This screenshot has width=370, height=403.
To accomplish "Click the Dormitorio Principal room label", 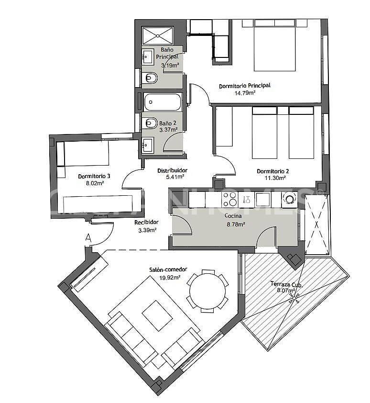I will [x=244, y=86].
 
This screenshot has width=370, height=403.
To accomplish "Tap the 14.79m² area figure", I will [x=244, y=93].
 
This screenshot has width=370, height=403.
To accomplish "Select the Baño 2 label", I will [x=168, y=123].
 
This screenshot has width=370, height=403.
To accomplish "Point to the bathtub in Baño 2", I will [x=163, y=102].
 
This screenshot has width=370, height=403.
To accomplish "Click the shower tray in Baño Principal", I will [x=158, y=35].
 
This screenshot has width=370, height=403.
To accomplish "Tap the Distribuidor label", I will [x=172, y=170].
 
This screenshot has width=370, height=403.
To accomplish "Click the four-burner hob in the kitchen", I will [x=229, y=199].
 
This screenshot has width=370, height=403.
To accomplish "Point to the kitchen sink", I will [x=263, y=199].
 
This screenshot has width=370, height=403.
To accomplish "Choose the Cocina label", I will [x=233, y=216].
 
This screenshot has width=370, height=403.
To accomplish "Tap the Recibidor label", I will [x=146, y=222].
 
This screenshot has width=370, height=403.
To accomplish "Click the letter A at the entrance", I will [x=88, y=236].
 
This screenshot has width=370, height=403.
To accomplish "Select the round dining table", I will [x=207, y=291].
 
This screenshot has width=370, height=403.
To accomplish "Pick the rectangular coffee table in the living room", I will [x=157, y=316].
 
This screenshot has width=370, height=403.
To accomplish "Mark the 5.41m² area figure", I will [x=172, y=177].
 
